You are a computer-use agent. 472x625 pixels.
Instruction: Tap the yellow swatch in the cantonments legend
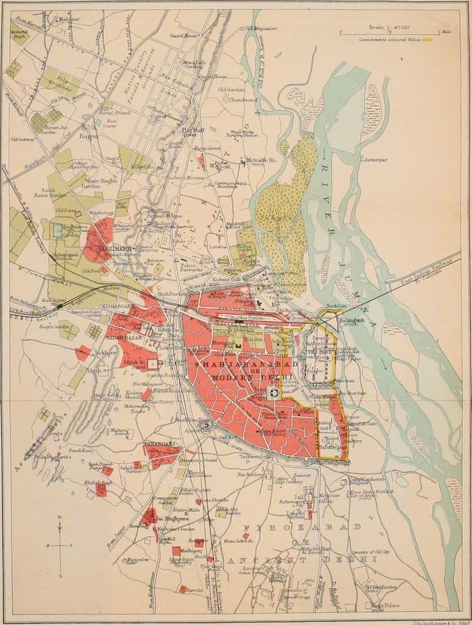436,40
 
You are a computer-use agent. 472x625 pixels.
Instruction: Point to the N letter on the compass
60,518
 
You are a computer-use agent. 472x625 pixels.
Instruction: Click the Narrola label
195,588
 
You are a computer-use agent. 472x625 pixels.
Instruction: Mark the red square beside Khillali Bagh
101,490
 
